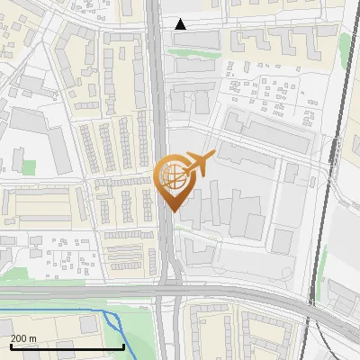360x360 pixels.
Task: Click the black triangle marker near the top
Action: pos(181,24)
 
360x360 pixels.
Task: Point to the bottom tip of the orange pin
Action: pos(171,211)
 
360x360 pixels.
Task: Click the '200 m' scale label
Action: pos(23,337)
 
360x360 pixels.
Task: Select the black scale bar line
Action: pos(67,346)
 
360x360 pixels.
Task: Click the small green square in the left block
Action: pos(29,167)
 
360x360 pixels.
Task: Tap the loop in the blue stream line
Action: pos(113,322)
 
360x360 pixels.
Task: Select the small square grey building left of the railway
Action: pos(283,240)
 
